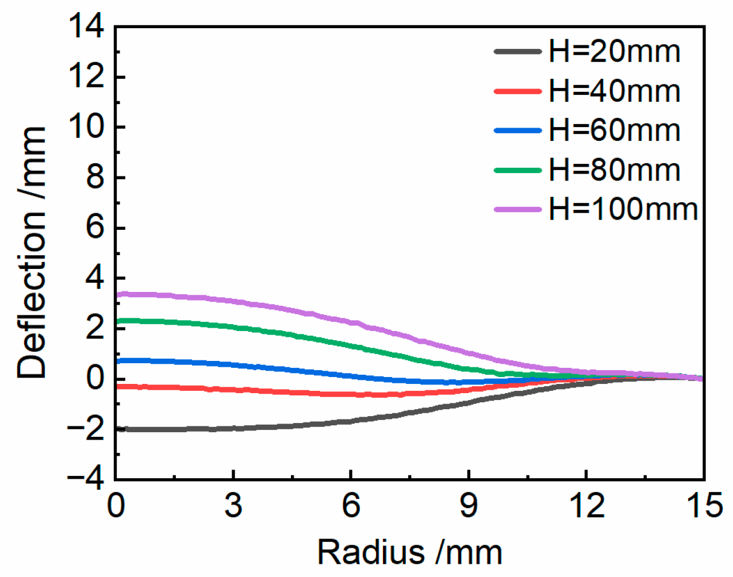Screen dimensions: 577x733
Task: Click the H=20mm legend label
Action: (614, 52)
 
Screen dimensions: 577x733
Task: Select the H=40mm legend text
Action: (614, 91)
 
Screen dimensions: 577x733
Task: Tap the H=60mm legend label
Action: (614, 130)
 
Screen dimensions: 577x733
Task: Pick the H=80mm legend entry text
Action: (614, 170)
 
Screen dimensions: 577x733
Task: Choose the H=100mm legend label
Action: (623, 209)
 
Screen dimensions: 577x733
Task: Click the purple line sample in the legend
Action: (517, 209)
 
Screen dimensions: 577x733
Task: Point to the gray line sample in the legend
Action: (517, 52)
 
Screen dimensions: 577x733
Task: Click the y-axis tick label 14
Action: (86, 26)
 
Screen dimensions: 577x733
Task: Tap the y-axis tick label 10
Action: (86, 127)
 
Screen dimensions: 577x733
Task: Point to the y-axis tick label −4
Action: (86, 478)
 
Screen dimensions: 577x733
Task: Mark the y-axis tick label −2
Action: (86, 428)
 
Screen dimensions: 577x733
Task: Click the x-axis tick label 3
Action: (233, 506)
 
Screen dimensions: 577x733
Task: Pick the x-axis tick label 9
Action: (469, 506)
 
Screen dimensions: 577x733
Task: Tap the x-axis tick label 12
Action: (586, 506)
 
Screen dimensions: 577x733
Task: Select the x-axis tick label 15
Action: (704, 506)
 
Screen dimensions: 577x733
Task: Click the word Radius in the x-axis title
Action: (371, 553)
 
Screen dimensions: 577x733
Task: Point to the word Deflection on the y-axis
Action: (32, 299)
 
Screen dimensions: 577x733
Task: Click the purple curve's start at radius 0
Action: (117, 295)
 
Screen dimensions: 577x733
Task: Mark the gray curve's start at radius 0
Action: (117, 429)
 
